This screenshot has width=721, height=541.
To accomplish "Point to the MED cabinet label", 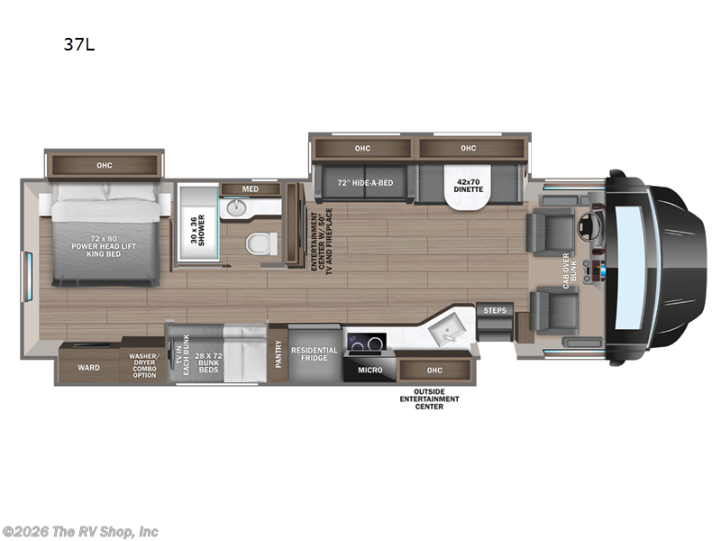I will point(250,188).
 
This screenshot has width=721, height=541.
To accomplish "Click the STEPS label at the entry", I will point(495,310).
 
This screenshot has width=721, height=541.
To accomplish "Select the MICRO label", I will point(370,370).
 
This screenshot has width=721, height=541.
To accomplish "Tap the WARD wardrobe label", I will point(88,367).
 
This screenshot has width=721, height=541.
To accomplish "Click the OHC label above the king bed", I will point(105,165).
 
